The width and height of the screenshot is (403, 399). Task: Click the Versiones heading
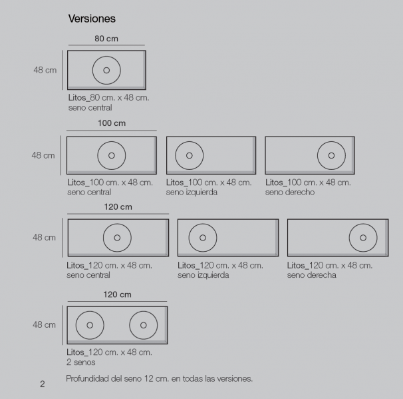click(92, 19)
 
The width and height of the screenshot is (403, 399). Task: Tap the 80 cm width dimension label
click(106, 39)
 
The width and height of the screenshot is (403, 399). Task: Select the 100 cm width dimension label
click(112, 123)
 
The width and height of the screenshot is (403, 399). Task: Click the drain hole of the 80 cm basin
click(106, 71)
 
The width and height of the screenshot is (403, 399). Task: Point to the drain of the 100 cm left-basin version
click(190, 155)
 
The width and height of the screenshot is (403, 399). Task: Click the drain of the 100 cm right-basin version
click(331, 155)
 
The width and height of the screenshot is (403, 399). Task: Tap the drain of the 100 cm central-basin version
click(112, 155)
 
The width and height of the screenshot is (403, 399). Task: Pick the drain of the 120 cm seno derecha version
click(363, 238)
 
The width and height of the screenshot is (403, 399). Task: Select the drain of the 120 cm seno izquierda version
click(203, 238)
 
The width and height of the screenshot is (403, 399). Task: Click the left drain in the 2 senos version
click(90, 325)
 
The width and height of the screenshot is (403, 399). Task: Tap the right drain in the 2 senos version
click(144, 325)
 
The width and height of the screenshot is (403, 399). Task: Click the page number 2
click(43, 384)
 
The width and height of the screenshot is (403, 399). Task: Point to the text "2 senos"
click(80, 362)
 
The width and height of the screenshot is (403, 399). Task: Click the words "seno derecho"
click(290, 193)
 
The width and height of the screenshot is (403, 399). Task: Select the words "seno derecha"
click(311, 275)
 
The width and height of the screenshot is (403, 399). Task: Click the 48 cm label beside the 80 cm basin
click(45, 70)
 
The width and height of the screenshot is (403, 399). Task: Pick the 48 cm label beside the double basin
click(44, 325)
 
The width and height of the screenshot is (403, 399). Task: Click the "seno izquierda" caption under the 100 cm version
click(192, 193)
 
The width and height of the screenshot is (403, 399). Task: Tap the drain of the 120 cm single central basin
click(117, 238)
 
